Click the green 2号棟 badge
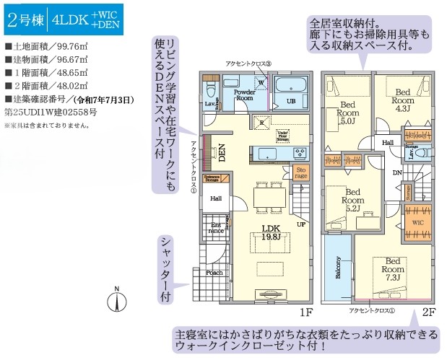(x=25, y=20)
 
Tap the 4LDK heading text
(x=70, y=20)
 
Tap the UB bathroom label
(x=291, y=101)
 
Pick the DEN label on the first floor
(x=222, y=152)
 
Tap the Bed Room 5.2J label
(x=352, y=198)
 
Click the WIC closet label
(x=417, y=224)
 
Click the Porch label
(x=214, y=273)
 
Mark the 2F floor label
(x=428, y=312)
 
